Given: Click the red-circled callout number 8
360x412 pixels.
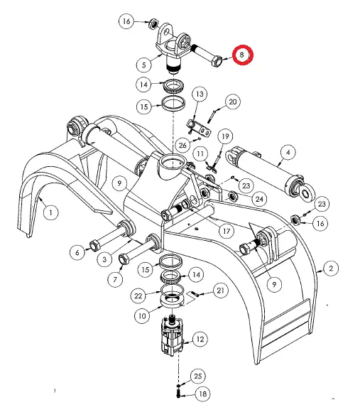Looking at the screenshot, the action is pyautogui.click(x=243, y=55).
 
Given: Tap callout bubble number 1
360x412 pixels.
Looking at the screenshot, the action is pyautogui.click(x=50, y=212).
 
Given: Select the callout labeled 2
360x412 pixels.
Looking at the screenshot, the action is pyautogui.click(x=331, y=269).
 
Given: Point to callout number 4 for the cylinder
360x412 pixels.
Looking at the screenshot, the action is pyautogui.click(x=288, y=153).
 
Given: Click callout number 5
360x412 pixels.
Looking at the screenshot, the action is pyautogui.click(x=144, y=65).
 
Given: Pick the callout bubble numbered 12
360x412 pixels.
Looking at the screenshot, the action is pyautogui.click(x=200, y=340).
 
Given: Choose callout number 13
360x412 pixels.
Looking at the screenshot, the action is pyautogui.click(x=200, y=94).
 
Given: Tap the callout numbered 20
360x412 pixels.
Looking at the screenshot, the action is pyautogui.click(x=233, y=102).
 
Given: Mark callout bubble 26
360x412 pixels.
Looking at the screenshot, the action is pyautogui.click(x=182, y=146).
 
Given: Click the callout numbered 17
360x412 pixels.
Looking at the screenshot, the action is pyautogui.click(x=227, y=232).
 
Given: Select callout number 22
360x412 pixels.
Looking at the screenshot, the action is pyautogui.click(x=138, y=296).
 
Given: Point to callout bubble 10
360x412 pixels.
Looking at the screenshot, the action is pyautogui.click(x=142, y=315).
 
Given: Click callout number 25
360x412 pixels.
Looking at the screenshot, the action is pyautogui.click(x=197, y=376).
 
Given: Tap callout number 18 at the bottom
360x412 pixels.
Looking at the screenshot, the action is pyautogui.click(x=202, y=394).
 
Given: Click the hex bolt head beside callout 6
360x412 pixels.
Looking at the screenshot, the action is pyautogui.click(x=94, y=246).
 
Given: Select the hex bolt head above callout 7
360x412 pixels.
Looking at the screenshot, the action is pyautogui.click(x=124, y=259).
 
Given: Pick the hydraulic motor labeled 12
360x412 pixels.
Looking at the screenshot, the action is pyautogui.click(x=172, y=336).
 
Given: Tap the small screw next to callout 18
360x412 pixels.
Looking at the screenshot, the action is pyautogui.click(x=179, y=394).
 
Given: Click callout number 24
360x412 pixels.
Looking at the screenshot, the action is pyautogui.click(x=259, y=199).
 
